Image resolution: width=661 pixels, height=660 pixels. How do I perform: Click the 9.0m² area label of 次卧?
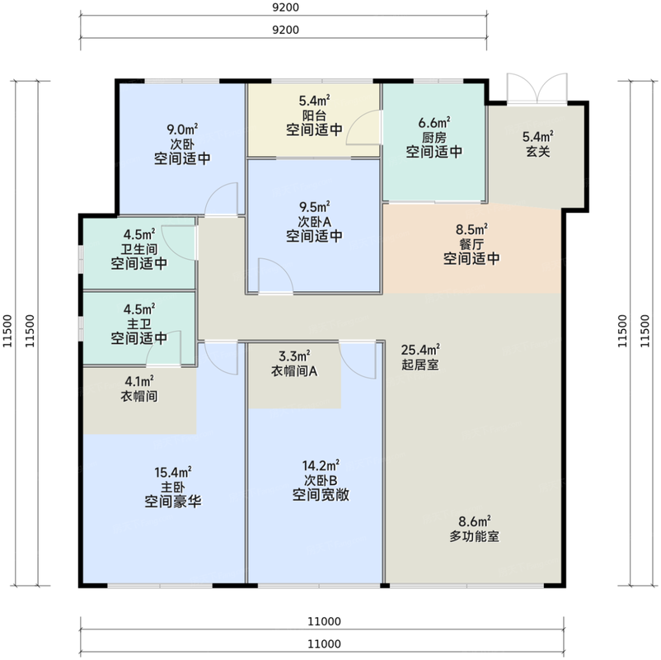click(182, 129)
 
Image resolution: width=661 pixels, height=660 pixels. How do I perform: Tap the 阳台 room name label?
click(314, 115)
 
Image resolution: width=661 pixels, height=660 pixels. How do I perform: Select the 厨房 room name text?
click(434, 137)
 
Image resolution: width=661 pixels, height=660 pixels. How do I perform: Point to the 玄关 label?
click(538, 151)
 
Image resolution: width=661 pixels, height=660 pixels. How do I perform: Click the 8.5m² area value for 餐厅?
click(471, 229)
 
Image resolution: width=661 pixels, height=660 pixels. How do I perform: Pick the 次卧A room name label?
click(315, 222)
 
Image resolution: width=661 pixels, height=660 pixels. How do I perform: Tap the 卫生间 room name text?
click(139, 249)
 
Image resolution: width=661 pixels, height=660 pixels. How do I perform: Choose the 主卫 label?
click(139, 324)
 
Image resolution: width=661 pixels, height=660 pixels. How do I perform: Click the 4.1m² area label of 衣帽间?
click(139, 381)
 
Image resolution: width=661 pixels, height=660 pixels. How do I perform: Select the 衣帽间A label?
click(294, 371)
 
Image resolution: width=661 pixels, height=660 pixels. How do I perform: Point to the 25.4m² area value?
click(420, 350)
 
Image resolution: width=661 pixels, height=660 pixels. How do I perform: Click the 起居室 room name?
click(420, 364)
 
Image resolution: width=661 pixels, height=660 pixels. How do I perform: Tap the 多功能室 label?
click(474, 536)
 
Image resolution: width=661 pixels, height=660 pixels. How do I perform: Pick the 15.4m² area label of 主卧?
click(173, 472)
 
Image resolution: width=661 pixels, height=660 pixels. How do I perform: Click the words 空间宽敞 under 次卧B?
click(321, 494)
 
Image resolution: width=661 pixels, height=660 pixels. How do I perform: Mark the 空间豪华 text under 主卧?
click(173, 502)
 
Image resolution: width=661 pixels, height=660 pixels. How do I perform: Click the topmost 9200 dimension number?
click(286, 7)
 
